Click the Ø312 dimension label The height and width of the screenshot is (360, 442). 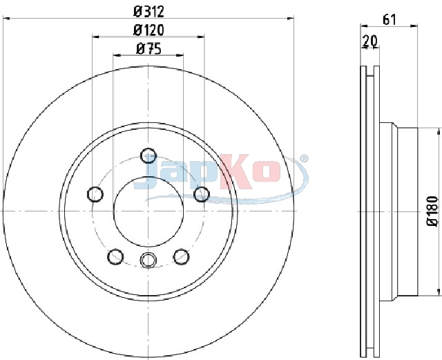pos(148,11)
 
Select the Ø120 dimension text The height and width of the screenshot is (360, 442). pos(148,30)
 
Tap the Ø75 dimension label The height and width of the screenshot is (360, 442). pos(148,48)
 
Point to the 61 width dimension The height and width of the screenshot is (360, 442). pos(390,20)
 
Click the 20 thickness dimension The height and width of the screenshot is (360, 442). pos(370,41)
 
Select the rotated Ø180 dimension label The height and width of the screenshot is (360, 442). pos(433,211)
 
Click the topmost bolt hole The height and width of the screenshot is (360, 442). pos(148,155)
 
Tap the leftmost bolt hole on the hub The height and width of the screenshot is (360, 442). pos(95,194)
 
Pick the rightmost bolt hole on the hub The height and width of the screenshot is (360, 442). pos(202,194)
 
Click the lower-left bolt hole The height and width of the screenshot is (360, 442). pos(115,257)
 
